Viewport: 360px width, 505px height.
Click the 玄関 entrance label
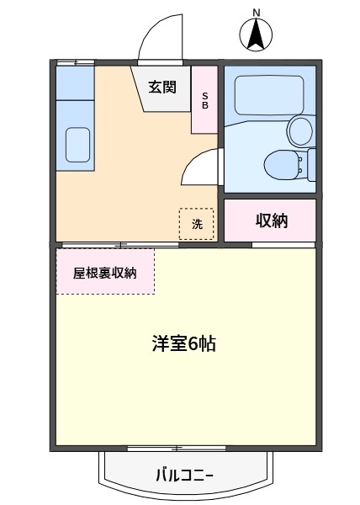(162, 87)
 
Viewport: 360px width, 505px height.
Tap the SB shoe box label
(205, 100)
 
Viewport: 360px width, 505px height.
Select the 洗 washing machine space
(197, 224)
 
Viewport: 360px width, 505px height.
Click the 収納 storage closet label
(272, 221)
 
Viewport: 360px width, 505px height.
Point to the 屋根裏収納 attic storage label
(105, 273)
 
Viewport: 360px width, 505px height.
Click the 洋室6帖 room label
(184, 343)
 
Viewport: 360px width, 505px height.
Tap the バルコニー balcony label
(185, 475)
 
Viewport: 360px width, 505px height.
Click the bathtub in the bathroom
(269, 95)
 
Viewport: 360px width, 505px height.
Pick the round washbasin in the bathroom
(301, 131)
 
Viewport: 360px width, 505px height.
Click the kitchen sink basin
(77, 145)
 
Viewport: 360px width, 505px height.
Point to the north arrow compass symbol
(256, 35)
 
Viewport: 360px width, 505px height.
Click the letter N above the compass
(257, 13)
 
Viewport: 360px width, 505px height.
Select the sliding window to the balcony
(177, 448)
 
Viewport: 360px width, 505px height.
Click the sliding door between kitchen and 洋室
(120, 245)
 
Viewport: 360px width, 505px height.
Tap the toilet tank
(311, 165)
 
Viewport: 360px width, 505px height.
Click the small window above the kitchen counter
(76, 62)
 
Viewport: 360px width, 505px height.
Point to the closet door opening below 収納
(283, 245)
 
